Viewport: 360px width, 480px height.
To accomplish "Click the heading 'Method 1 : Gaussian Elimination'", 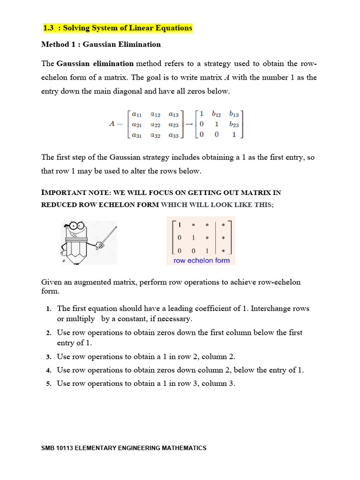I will click(x=101, y=45).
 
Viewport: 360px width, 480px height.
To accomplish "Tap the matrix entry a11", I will click(x=137, y=114).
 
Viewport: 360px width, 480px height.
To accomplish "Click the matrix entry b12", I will click(x=217, y=114).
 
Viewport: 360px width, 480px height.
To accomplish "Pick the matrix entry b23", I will click(x=234, y=125).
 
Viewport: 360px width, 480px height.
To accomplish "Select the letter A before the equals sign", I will click(x=112, y=125).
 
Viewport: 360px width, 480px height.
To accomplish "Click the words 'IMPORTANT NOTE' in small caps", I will click(x=73, y=193).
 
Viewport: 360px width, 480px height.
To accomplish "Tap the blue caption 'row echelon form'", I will click(x=201, y=261).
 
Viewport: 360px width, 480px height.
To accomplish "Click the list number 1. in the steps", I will click(x=48, y=309).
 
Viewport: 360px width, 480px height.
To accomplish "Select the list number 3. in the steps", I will click(x=48, y=357).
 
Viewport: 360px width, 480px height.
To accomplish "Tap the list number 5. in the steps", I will click(x=48, y=384).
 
